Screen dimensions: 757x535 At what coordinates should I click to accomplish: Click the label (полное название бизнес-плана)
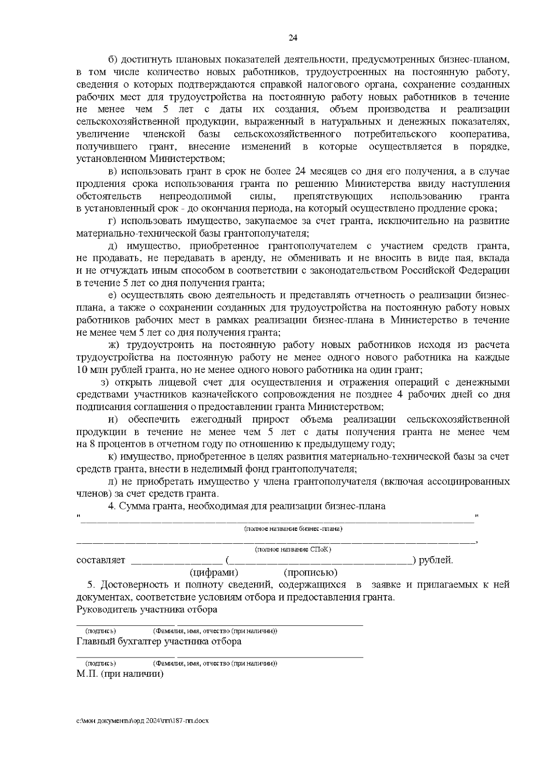[x=293, y=529]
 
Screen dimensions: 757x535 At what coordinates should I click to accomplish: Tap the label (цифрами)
[x=214, y=572]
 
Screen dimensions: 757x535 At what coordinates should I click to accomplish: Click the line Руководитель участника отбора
[x=147, y=609]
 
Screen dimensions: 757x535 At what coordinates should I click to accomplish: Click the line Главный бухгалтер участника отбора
[x=159, y=641]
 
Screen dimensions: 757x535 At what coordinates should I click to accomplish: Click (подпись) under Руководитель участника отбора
[x=100, y=631]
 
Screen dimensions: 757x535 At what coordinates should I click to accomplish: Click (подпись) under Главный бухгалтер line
[x=100, y=663]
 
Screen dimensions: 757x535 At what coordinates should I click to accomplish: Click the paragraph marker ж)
[x=114, y=345]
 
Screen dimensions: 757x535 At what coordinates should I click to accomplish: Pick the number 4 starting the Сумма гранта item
[x=111, y=506]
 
